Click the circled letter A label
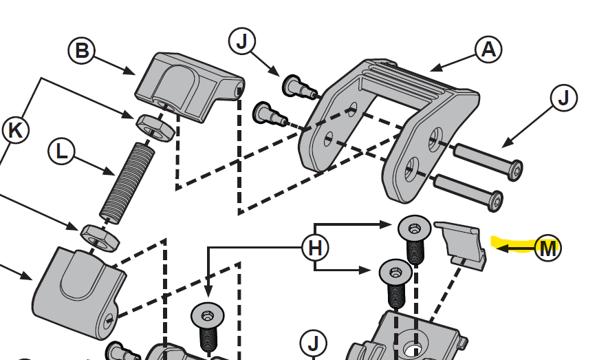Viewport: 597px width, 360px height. point(488,50)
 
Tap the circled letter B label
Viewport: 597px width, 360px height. point(82,50)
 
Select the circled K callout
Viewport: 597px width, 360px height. point(15,130)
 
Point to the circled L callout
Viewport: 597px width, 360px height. point(62,152)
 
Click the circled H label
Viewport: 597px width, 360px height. point(315,248)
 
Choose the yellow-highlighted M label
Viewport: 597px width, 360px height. point(547,248)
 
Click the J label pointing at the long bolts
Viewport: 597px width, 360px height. point(565,98)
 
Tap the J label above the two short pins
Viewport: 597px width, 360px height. point(241,42)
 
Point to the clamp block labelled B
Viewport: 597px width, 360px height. point(189,86)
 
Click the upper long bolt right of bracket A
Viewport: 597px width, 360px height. point(489,159)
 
